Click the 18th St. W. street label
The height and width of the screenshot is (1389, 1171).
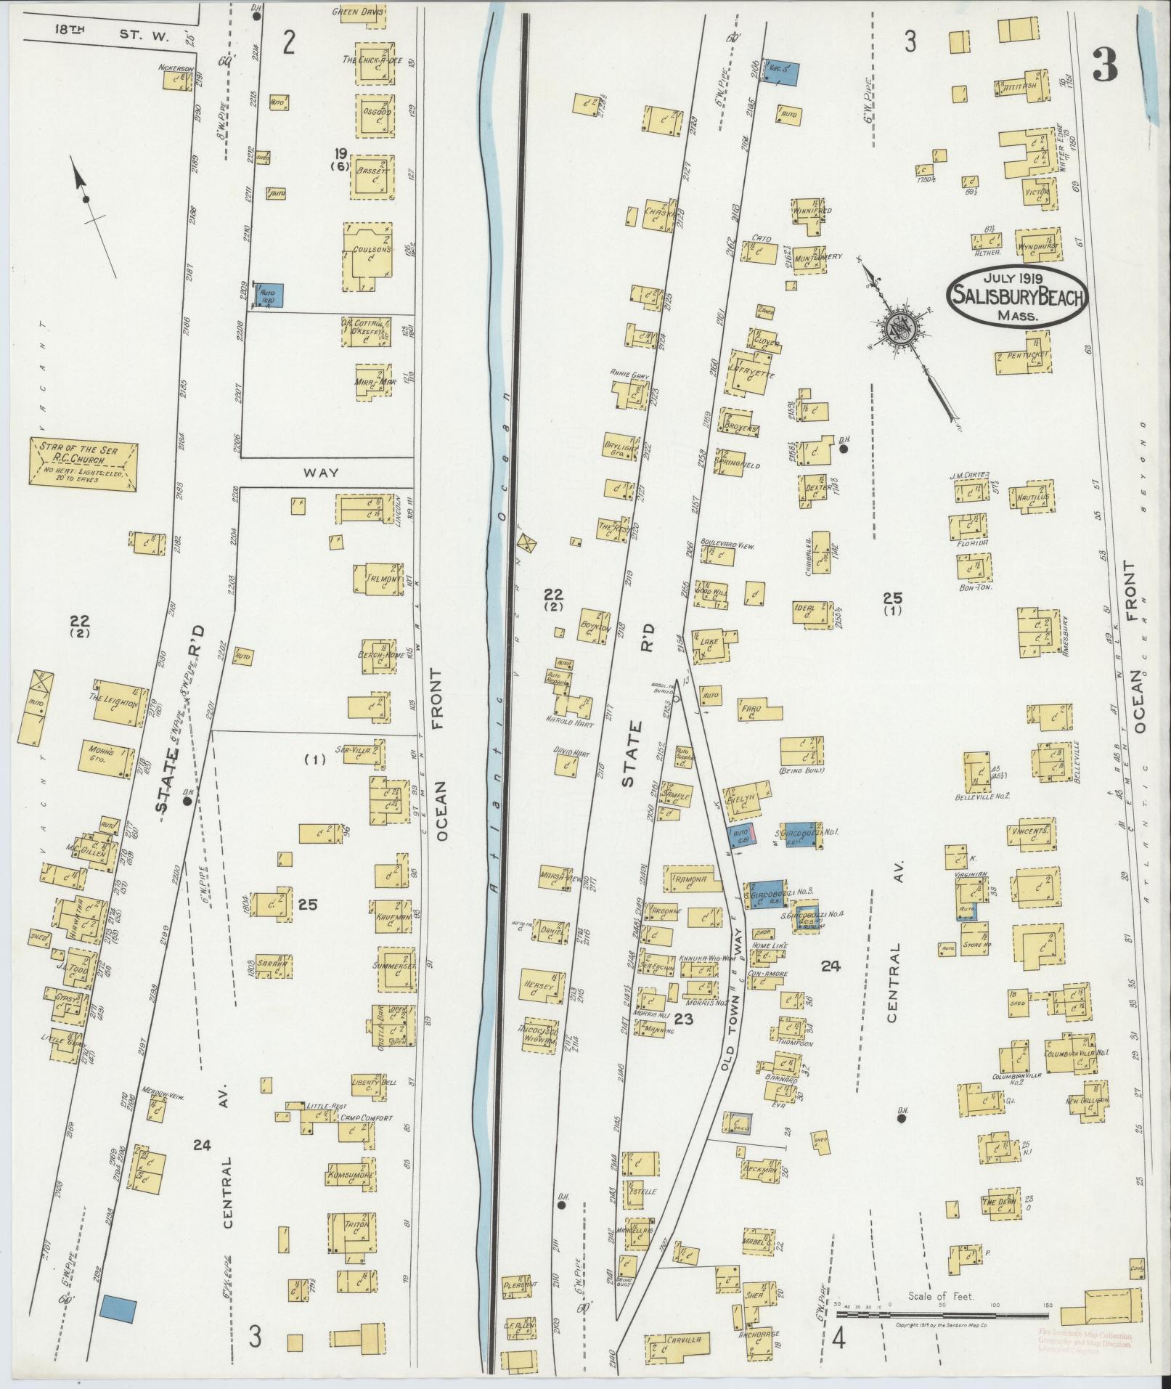[99, 31]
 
